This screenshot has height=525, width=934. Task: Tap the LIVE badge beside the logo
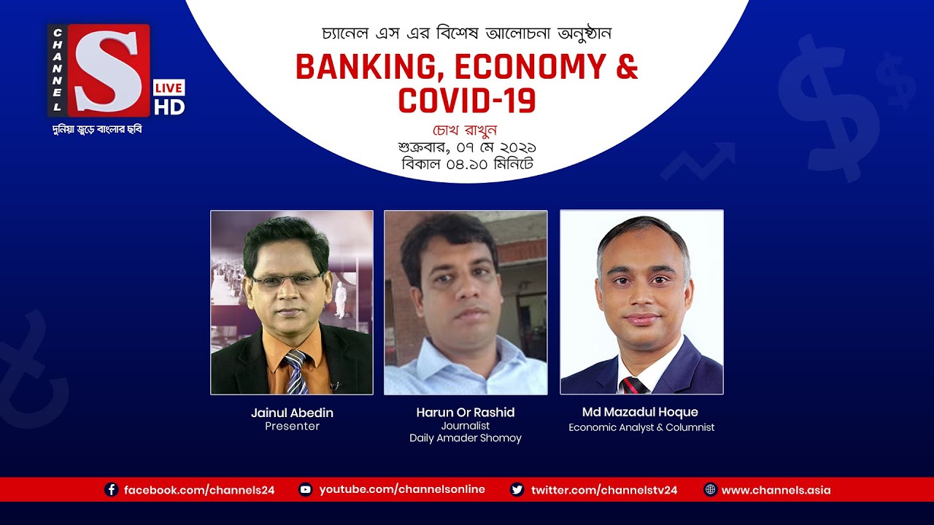coord(169,87)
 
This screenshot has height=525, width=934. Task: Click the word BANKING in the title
coord(368,68)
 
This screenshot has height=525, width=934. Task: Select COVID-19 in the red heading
coord(467,100)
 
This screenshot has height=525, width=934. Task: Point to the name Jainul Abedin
coord(292,413)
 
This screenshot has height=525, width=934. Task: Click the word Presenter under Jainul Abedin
coord(292,427)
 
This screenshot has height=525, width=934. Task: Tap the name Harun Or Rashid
coord(466,413)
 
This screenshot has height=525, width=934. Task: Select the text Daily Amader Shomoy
coord(466,438)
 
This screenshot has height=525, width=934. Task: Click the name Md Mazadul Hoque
coord(641,413)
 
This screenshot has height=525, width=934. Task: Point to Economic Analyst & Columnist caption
coord(641,427)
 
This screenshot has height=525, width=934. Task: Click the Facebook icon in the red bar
coord(112,490)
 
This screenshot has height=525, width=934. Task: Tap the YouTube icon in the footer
coord(306,490)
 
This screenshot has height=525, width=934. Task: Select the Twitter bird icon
coord(517,490)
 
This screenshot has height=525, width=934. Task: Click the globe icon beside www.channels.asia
coord(710,490)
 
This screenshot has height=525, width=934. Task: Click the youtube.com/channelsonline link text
coord(402,489)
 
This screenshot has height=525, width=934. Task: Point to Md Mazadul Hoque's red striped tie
coord(633,385)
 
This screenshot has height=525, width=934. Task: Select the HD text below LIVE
coord(169,106)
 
